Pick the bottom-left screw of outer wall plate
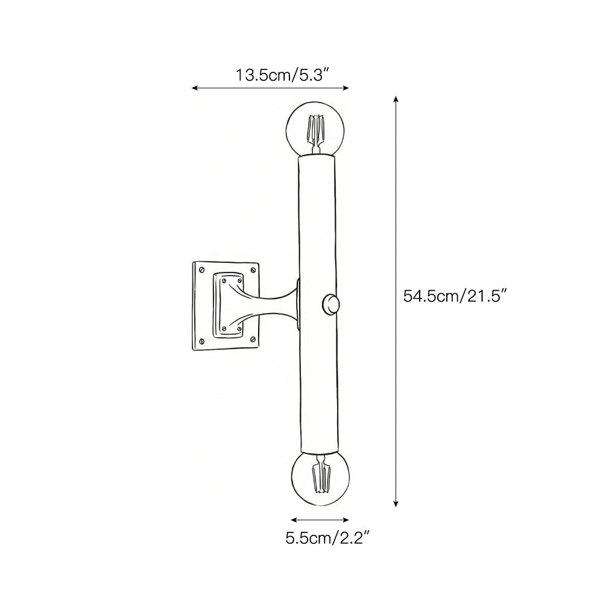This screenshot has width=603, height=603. point(201,341)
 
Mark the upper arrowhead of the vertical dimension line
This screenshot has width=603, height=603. point(396,99)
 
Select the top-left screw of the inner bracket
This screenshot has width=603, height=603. point(224,281)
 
